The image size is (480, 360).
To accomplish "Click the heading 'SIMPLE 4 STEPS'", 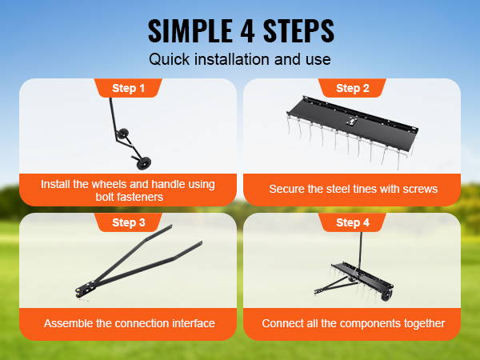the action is [241, 31].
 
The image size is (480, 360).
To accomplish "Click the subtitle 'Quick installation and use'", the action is [240, 59].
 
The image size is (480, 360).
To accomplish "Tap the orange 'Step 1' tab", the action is [128, 88].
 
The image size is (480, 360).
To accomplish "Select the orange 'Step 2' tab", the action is [352, 88].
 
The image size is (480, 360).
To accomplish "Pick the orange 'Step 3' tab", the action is [128, 222].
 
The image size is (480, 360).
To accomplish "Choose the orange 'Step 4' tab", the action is [352, 222].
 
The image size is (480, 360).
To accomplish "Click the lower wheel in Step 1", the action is [143, 163].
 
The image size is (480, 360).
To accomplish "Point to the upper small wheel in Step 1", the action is [123, 134].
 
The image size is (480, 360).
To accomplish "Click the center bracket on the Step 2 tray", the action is [351, 122].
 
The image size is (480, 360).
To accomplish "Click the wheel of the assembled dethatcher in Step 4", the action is [386, 296].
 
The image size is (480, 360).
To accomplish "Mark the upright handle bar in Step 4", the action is [360, 252].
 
